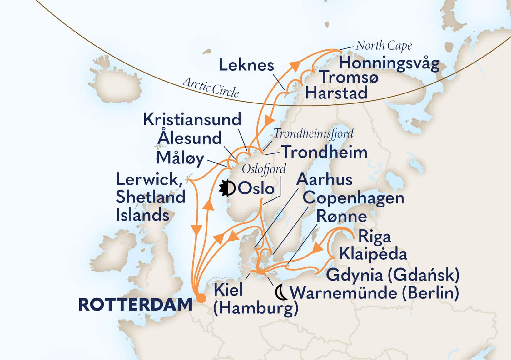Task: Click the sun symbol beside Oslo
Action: [x=227, y=188]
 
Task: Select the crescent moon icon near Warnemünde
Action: [x=281, y=292]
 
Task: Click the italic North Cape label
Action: [x=384, y=46]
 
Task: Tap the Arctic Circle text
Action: [x=211, y=88]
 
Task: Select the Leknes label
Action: [x=246, y=65]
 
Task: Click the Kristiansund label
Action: [x=192, y=119]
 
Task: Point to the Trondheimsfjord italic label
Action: [x=313, y=133]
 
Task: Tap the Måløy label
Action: [x=180, y=158]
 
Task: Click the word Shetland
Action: [x=151, y=197]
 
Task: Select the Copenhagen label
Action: [x=353, y=198]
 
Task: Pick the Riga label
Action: [x=374, y=237]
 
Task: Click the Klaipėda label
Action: [x=373, y=254]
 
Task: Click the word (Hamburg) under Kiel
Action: [x=255, y=309]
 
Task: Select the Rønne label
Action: [x=341, y=216]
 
